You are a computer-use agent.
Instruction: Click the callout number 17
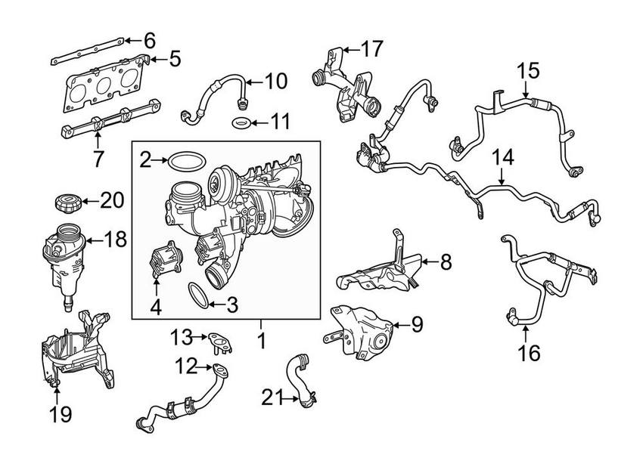click(x=371, y=50)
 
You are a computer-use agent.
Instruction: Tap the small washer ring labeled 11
click(x=241, y=123)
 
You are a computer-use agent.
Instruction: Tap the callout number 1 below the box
click(x=261, y=342)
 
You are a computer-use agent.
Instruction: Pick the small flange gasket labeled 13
click(x=219, y=341)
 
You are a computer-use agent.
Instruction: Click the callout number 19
click(x=59, y=414)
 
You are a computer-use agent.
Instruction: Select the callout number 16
click(x=530, y=353)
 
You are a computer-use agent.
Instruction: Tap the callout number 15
click(x=529, y=71)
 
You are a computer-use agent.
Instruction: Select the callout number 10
click(x=277, y=80)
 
